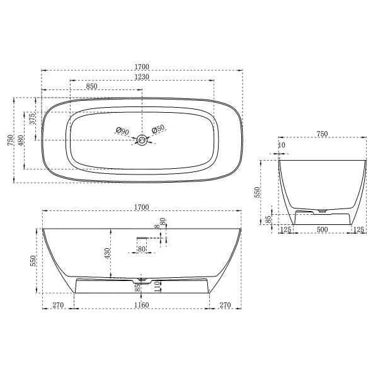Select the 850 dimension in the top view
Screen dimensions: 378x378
pos(91,87)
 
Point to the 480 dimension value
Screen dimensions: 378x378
pos(21,139)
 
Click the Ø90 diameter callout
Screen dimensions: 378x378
pos(122,130)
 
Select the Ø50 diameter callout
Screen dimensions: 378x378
pos(158,129)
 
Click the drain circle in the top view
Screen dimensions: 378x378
pos(142,140)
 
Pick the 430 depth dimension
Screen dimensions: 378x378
pos(108,253)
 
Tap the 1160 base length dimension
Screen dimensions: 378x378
pos(141,306)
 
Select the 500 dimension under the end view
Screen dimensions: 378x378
pos(322,230)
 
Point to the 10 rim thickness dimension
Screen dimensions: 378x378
pos(280,146)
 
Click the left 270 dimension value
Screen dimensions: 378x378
pos(58,306)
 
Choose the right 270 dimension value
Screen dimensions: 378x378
pos(225,306)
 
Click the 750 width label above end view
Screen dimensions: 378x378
pos(322,134)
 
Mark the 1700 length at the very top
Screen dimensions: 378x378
pos(141,65)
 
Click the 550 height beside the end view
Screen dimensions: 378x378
pos(257,192)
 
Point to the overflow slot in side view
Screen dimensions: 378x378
pos(142,237)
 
